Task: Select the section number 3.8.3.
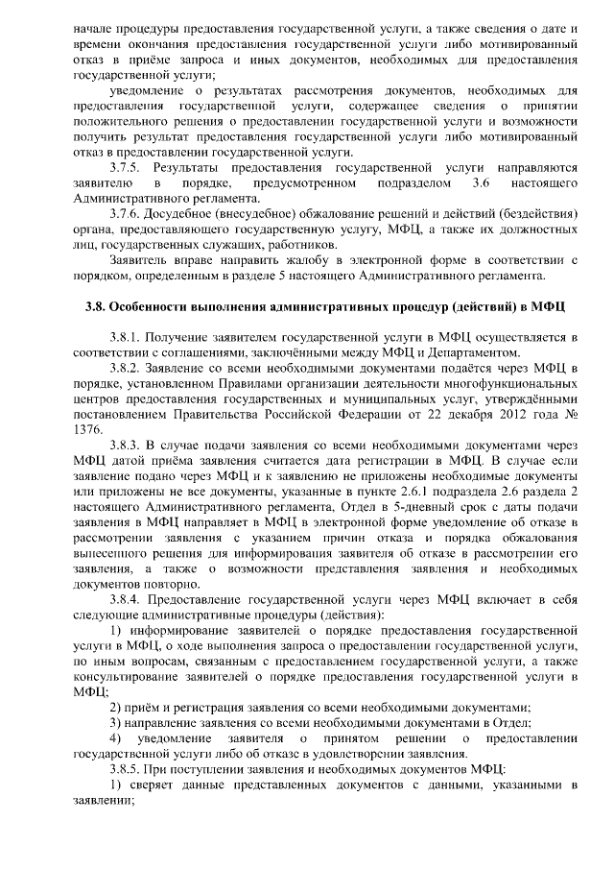129,445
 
